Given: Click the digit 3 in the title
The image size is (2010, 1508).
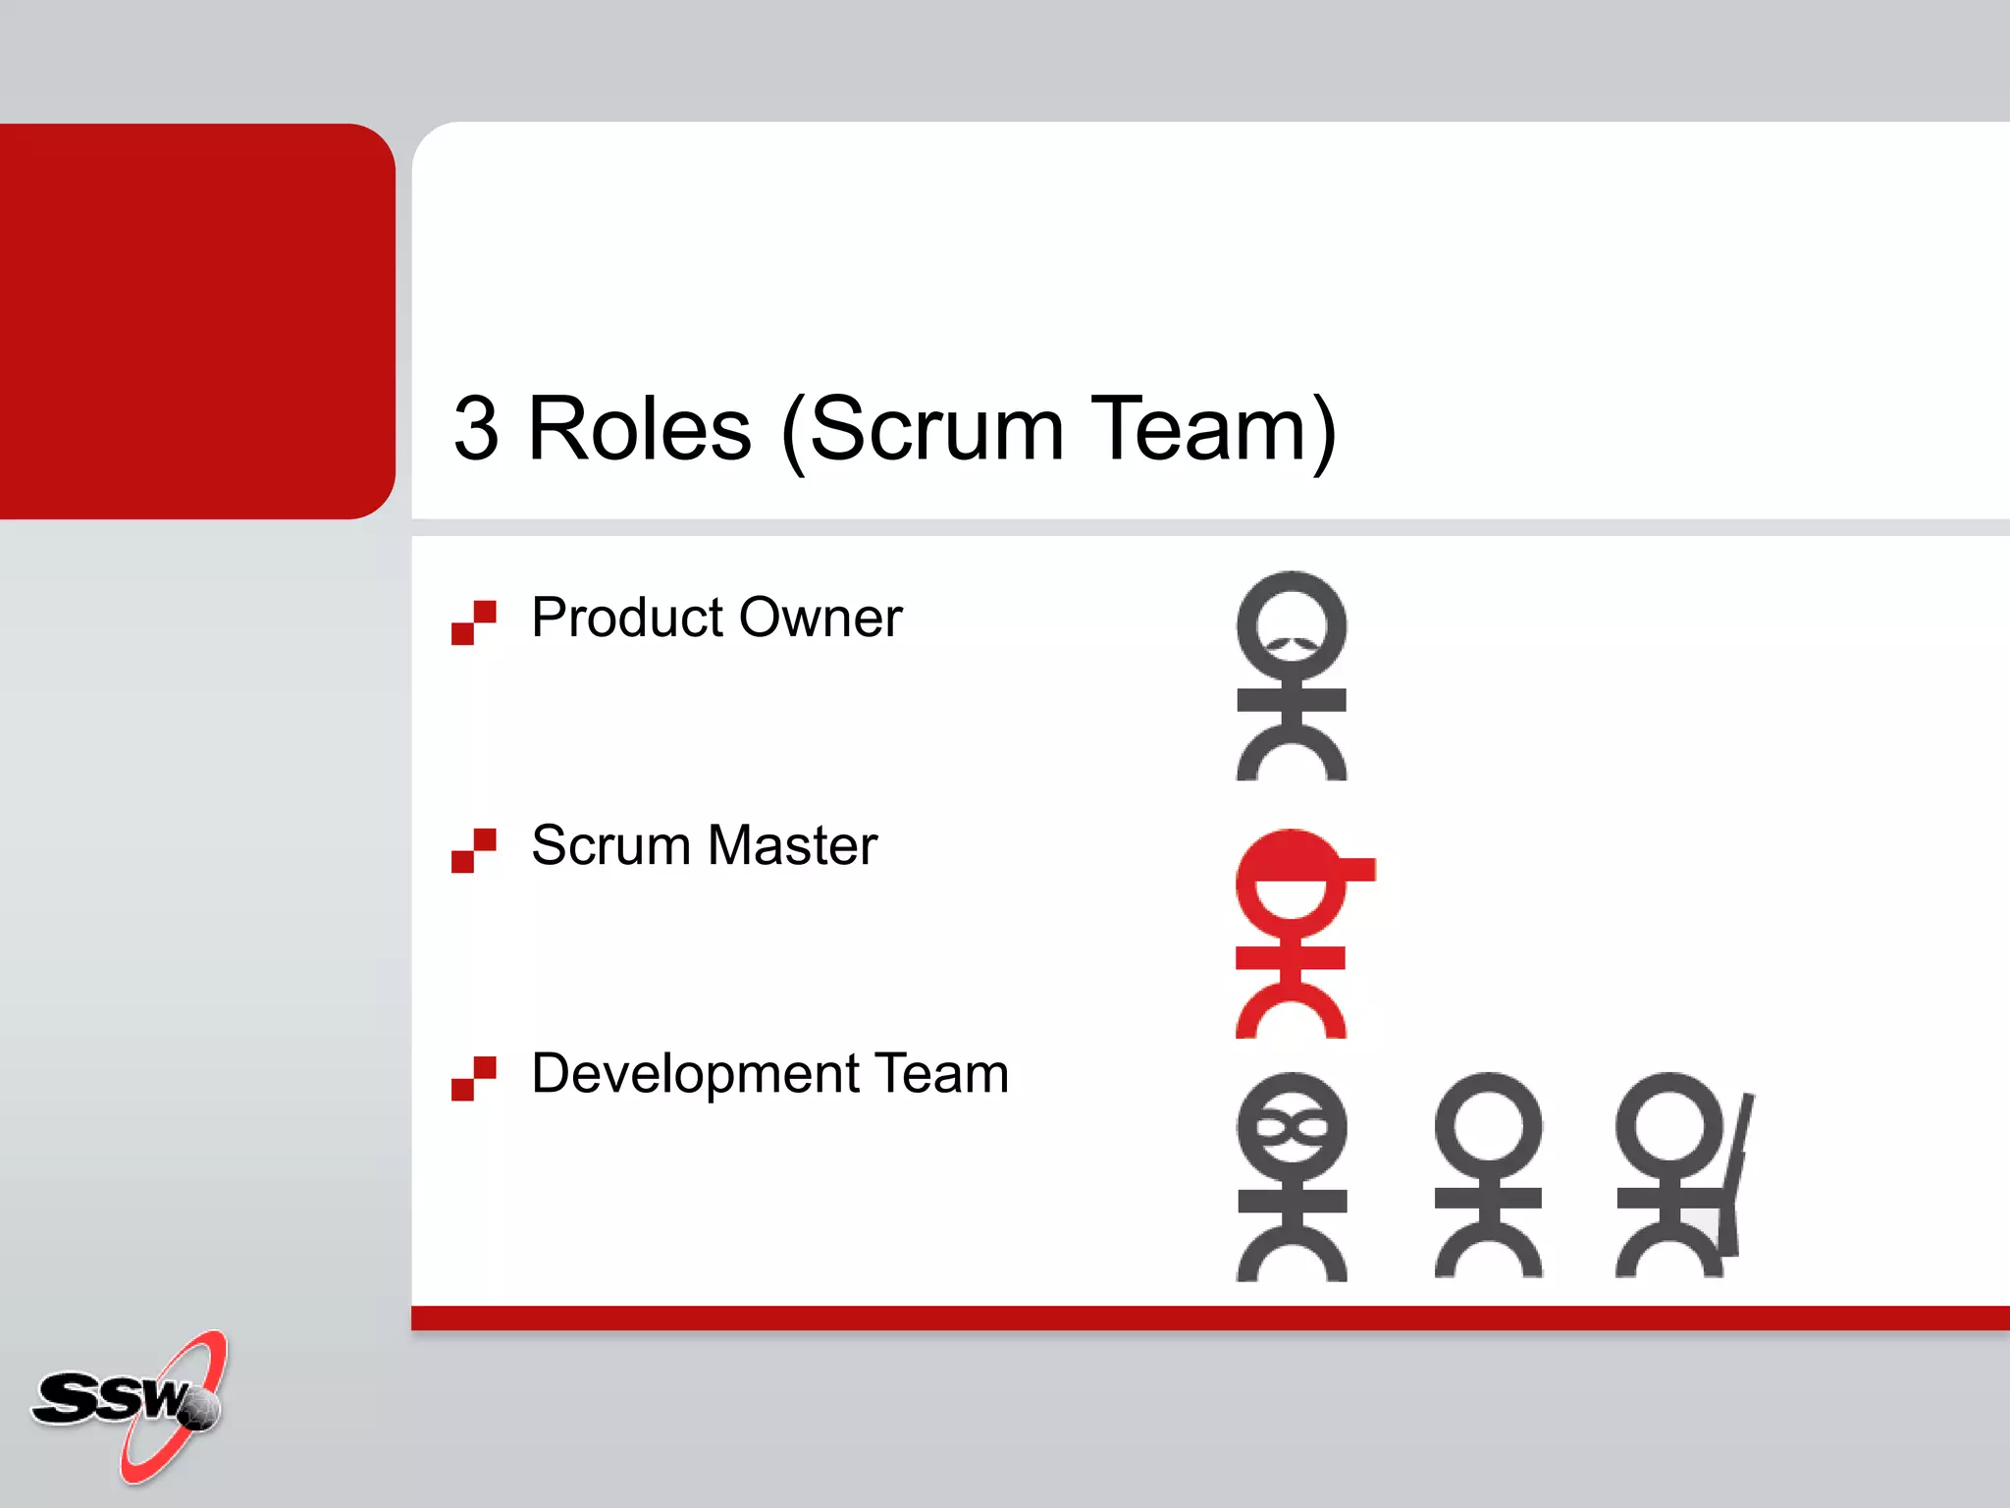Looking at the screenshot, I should click(x=476, y=430).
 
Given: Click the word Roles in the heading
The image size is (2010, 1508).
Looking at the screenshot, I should click(x=640, y=430).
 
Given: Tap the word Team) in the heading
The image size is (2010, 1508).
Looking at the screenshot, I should click(x=1213, y=430).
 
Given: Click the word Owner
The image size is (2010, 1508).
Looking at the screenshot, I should click(x=820, y=619).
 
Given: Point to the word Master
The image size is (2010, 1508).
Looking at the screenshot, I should click(x=792, y=845).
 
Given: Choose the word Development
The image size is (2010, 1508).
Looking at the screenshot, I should click(x=695, y=1074).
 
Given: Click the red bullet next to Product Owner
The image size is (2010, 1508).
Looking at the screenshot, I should click(x=473, y=622).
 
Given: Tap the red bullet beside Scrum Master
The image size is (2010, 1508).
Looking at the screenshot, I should click(x=473, y=850).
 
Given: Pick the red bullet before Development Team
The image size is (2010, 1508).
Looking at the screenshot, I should click(x=473, y=1078).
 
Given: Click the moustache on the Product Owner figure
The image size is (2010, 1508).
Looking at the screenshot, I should click(x=1292, y=645).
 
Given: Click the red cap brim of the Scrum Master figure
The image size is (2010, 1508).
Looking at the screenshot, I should click(x=1354, y=869).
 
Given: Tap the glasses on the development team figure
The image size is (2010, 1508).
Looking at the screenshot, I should click(x=1292, y=1128).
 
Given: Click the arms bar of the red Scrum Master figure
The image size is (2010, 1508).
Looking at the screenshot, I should click(x=1291, y=957).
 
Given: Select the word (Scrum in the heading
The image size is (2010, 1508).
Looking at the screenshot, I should click(x=923, y=430).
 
